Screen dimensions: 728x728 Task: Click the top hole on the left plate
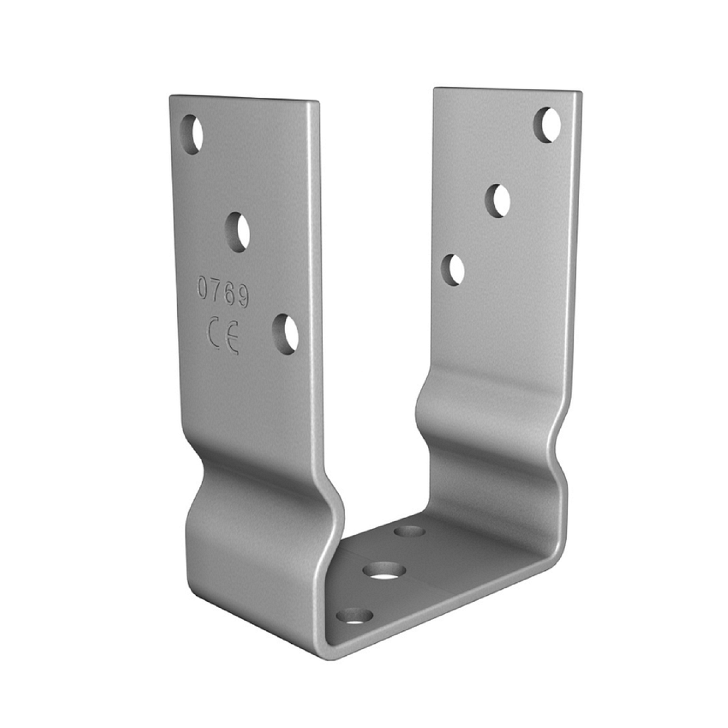[191, 135]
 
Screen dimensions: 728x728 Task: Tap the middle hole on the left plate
[238, 232]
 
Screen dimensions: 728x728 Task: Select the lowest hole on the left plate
[285, 334]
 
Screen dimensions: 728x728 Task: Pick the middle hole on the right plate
[497, 201]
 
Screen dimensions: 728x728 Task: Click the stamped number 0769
[223, 292]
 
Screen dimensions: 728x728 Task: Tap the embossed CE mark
[224, 335]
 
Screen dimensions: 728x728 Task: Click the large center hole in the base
[384, 571]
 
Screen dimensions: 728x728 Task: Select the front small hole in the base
[355, 616]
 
